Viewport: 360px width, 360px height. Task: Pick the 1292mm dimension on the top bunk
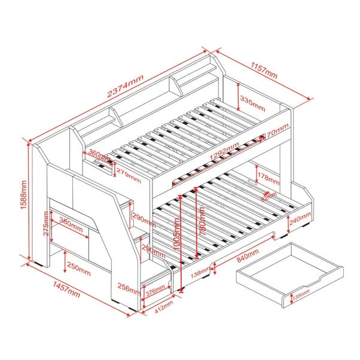click(x=224, y=156)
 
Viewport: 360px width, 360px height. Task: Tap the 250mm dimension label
click(x=78, y=265)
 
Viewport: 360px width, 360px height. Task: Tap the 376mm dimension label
click(x=156, y=290)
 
